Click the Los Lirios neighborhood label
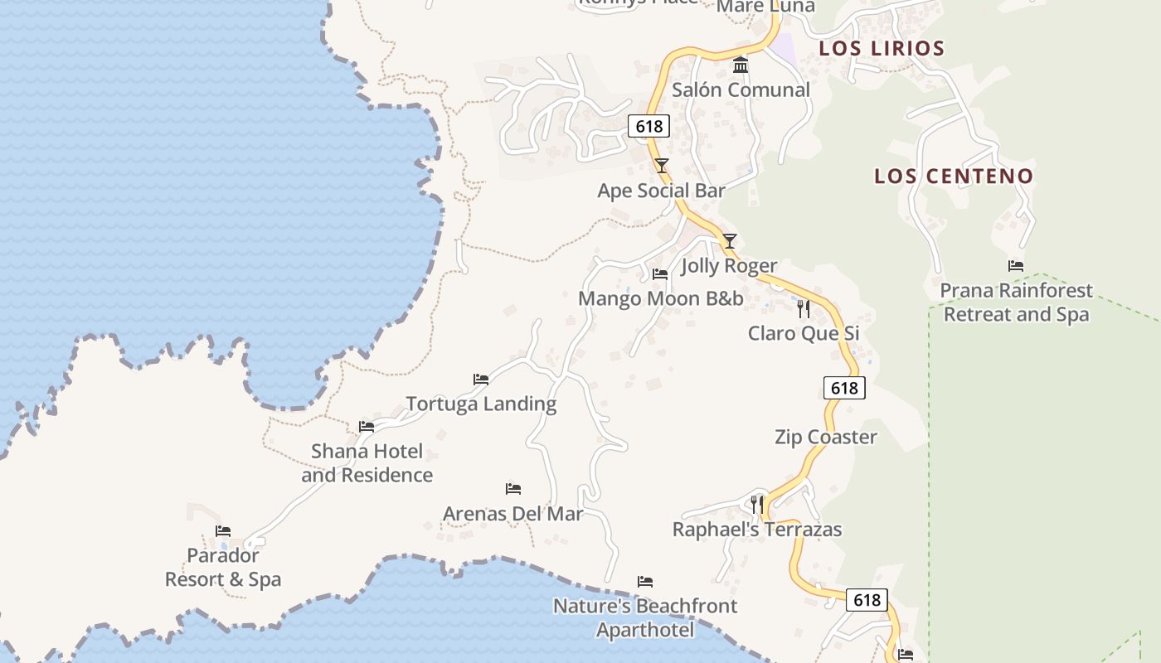click(x=882, y=48)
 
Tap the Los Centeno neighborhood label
click(x=954, y=176)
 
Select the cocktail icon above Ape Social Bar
click(x=661, y=165)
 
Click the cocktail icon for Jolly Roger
click(x=729, y=241)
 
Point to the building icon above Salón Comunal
click(x=741, y=65)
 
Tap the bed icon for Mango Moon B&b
click(x=660, y=273)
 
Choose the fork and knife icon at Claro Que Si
click(x=803, y=309)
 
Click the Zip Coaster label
click(x=825, y=437)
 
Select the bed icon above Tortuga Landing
click(x=481, y=380)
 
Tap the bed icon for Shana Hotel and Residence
click(x=367, y=427)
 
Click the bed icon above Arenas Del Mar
click(x=513, y=489)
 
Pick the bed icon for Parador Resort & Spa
click(x=222, y=531)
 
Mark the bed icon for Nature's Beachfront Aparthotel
click(x=645, y=582)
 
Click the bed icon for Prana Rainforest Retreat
click(x=1016, y=266)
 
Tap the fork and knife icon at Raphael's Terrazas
click(x=756, y=503)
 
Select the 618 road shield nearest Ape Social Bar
click(x=649, y=126)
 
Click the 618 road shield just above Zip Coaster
click(x=844, y=388)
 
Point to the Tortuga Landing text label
click(x=481, y=404)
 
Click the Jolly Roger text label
click(x=729, y=265)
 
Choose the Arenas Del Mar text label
click(x=512, y=513)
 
